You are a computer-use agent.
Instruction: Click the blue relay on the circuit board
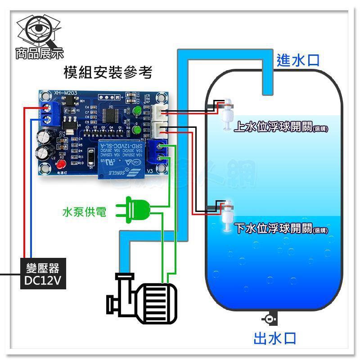click(x=120, y=159)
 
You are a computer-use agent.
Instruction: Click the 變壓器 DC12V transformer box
click(x=43, y=274)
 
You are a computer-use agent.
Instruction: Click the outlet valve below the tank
click(x=269, y=319)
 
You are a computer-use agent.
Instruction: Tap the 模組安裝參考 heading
click(x=108, y=72)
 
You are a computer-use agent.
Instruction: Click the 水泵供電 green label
click(x=85, y=211)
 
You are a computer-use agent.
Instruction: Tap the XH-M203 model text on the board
click(x=65, y=93)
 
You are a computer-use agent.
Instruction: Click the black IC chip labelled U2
click(x=110, y=115)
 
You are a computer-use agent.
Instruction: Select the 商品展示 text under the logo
click(x=40, y=54)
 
